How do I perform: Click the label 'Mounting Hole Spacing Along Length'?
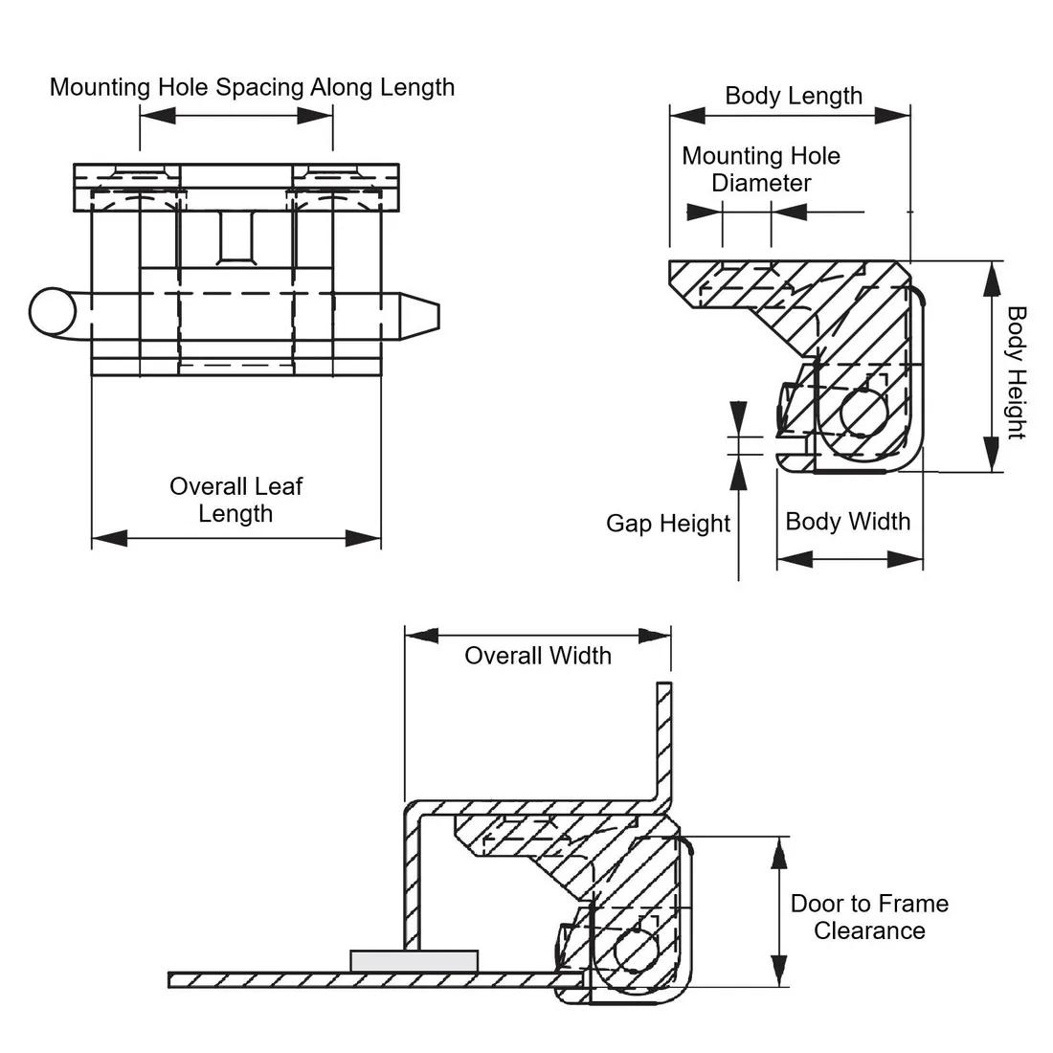(252, 87)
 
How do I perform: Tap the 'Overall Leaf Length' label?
(235, 500)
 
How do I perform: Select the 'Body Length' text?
(794, 96)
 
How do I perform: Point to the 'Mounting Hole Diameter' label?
(761, 169)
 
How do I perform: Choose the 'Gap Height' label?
(667, 524)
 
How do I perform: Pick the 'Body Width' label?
(847, 522)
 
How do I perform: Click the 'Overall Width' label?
(537, 656)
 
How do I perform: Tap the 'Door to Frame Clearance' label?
(869, 917)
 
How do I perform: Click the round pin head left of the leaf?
(53, 310)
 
